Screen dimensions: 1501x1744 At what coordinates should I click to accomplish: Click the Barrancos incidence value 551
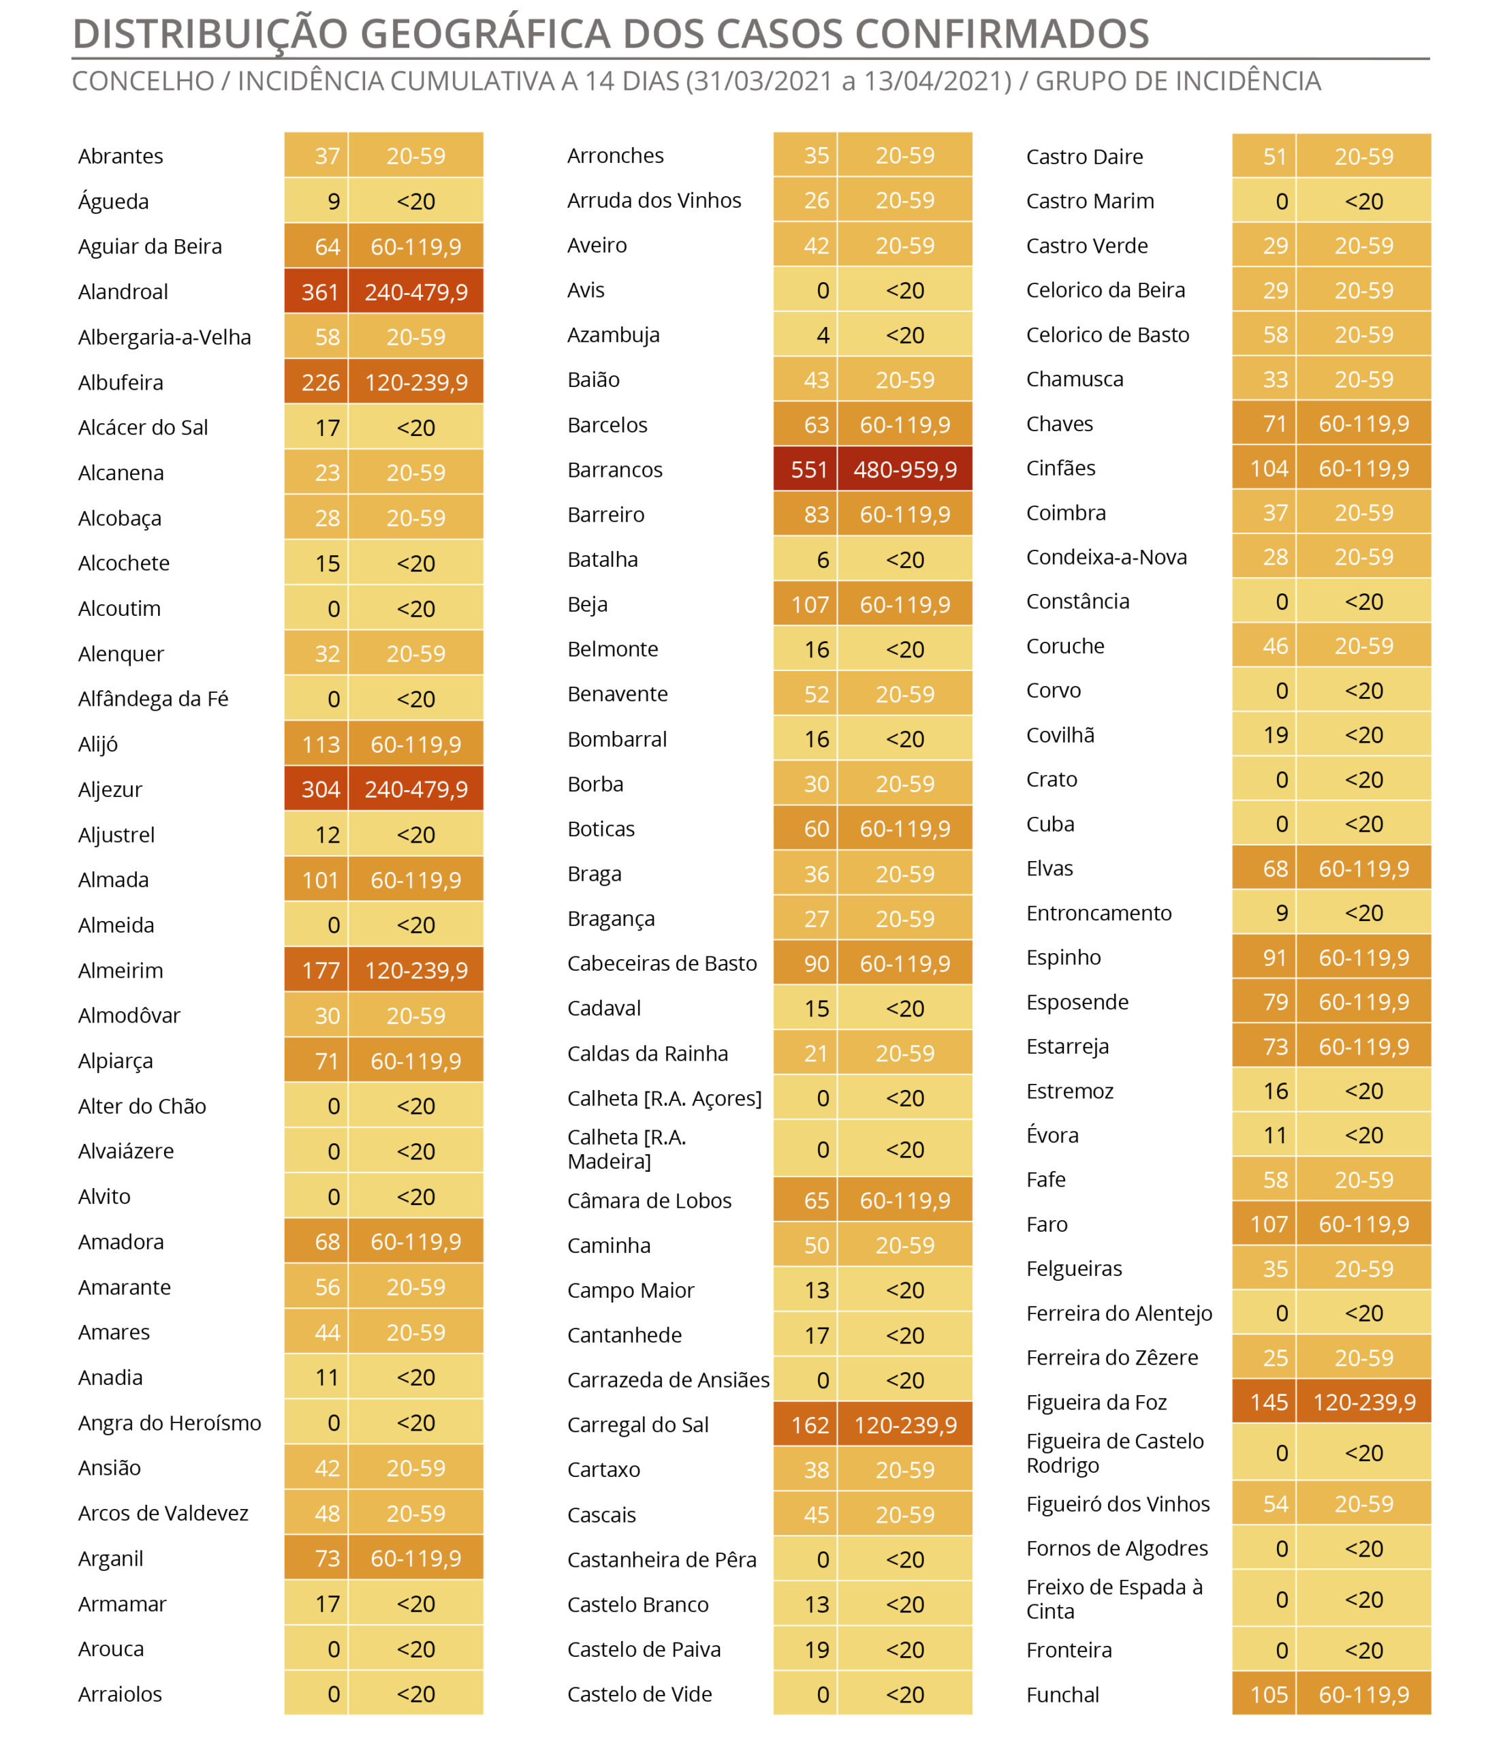coord(809,469)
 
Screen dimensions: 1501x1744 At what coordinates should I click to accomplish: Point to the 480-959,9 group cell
coord(905,469)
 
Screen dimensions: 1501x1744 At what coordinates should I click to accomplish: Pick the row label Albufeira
coord(121,382)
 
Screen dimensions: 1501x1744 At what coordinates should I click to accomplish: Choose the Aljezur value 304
coord(321,790)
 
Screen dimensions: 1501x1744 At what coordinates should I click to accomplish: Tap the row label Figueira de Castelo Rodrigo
coord(1115,1453)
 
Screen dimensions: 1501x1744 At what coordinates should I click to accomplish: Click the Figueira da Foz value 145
coord(1269,1402)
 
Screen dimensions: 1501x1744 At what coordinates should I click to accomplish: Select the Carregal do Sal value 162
coord(809,1425)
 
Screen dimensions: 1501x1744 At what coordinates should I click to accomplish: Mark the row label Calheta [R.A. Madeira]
coord(627,1149)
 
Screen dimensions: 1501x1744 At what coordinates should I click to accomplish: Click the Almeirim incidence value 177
coord(321,971)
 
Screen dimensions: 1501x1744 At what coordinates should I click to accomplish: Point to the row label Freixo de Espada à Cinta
coord(1114,1599)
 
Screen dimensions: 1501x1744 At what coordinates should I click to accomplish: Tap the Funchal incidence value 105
coord(1269,1695)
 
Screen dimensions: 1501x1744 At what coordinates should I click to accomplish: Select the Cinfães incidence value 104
coord(1269,468)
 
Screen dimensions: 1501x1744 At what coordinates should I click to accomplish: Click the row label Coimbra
coord(1066,512)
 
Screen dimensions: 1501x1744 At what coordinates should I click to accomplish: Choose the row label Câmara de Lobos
coord(650,1200)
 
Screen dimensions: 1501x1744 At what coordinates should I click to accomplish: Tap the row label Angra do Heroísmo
coord(170,1422)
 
